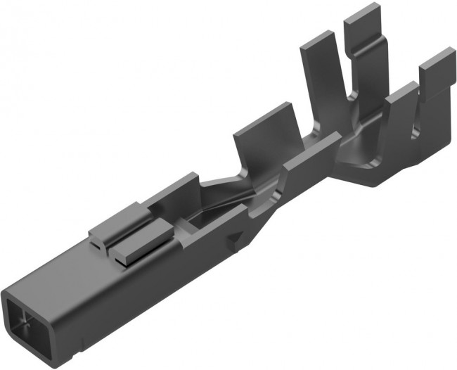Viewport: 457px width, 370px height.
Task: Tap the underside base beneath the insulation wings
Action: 380,176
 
